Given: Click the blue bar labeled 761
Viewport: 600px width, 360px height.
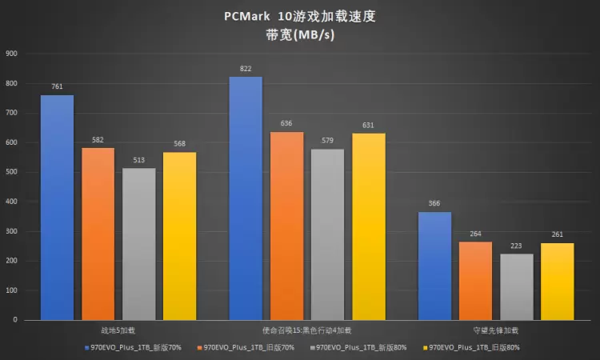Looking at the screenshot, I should pos(57,208).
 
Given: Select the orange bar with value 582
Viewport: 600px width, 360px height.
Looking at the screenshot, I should pos(98,234).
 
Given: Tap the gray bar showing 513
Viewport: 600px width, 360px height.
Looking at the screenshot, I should pos(139,244).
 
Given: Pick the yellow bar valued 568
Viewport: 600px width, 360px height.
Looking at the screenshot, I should pos(179,236).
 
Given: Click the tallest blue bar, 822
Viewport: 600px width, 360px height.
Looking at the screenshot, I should pos(246,198).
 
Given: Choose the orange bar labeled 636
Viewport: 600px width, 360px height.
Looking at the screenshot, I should pos(286,226).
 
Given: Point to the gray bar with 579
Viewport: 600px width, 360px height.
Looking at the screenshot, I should pos(327,234).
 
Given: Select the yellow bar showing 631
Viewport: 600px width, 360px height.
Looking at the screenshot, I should pos(368,226).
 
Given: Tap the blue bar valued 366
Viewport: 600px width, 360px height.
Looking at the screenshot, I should pos(434,266).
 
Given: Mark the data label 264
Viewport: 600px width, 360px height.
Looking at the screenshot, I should pos(475,234).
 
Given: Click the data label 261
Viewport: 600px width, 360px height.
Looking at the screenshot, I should pos(557,234).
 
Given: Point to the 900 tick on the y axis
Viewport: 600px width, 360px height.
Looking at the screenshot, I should pos(11,54).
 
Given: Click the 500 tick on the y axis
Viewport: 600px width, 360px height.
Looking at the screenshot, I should pos(11,172).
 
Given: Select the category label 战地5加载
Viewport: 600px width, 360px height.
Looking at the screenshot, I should pos(118,330).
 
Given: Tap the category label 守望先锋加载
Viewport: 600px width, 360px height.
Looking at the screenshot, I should pos(494,330).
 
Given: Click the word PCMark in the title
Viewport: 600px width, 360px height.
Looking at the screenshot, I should pos(242,17).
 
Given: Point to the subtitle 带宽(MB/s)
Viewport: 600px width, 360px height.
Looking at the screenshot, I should pos(300,35).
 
